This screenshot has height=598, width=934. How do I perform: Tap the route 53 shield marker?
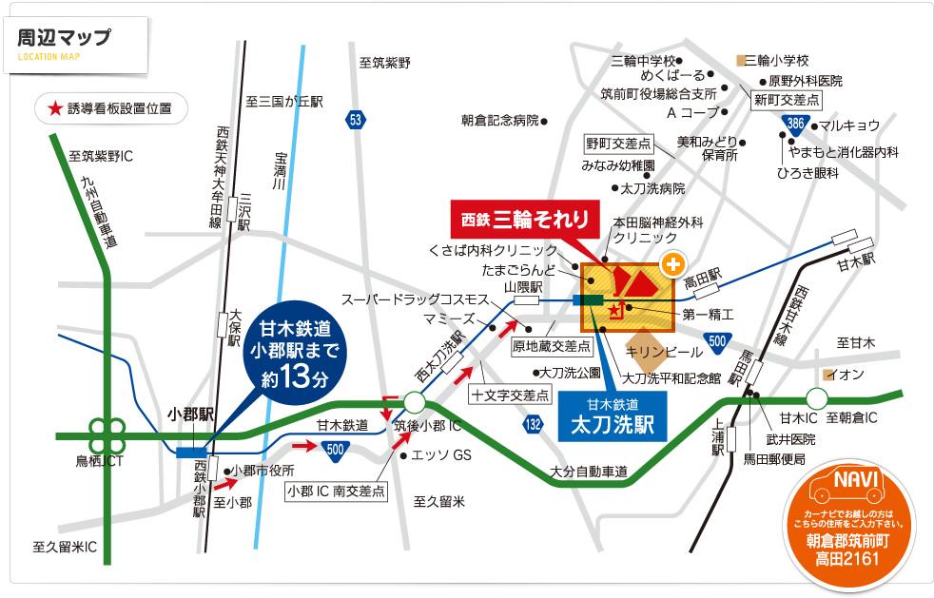tap(356, 120)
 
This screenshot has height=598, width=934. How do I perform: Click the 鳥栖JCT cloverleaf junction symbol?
tap(107, 436)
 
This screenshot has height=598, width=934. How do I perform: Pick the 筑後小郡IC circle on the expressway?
tap(414, 402)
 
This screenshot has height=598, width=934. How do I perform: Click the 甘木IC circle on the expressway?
tap(817, 397)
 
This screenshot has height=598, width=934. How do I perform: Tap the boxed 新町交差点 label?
tap(787, 99)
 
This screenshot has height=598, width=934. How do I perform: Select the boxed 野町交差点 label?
tap(618, 144)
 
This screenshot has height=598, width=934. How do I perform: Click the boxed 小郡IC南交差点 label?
tap(337, 491)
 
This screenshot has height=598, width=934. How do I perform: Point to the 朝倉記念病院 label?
tap(500, 121)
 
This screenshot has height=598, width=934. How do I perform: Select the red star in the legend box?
tap(53, 108)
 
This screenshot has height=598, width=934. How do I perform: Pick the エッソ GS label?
tap(442, 455)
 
